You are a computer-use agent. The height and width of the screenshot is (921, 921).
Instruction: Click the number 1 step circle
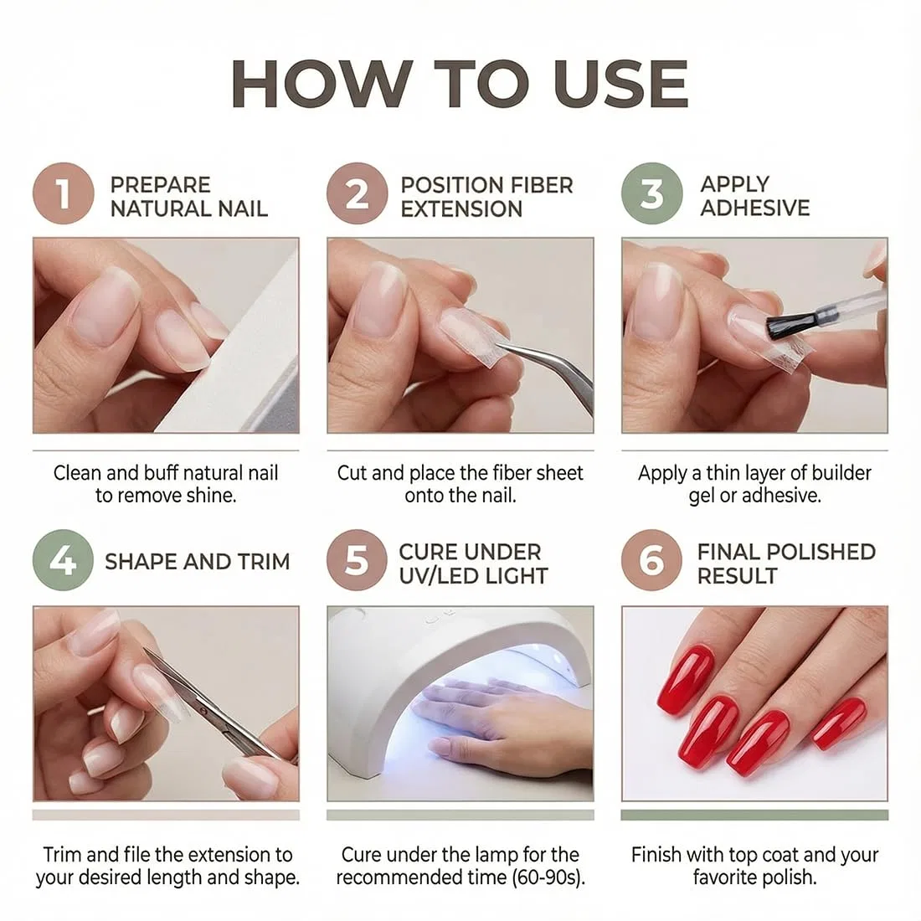64,194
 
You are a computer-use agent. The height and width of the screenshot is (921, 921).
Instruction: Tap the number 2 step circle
358,194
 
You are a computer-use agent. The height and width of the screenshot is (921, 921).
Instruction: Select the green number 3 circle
652,194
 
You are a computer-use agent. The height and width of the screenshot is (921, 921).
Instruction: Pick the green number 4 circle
63,560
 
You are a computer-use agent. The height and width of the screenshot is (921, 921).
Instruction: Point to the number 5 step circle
358,560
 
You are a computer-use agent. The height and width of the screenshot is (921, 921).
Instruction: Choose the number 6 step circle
652,560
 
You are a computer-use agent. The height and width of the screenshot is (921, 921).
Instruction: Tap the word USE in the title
620,84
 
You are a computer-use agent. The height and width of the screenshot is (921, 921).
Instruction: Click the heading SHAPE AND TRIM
198,562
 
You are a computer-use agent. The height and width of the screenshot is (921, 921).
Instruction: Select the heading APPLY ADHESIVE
754,196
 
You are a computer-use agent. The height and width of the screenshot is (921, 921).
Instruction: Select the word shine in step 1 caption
212,496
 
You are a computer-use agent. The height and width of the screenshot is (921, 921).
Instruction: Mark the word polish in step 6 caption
785,878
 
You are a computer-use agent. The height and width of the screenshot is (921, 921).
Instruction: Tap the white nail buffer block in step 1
235,358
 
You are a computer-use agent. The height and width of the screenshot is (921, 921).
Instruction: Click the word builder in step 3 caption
836,473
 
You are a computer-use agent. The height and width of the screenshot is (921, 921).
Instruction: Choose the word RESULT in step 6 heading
737,576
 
